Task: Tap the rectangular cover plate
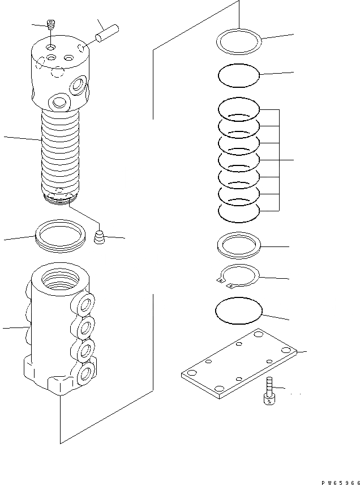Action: [x=239, y=364]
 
